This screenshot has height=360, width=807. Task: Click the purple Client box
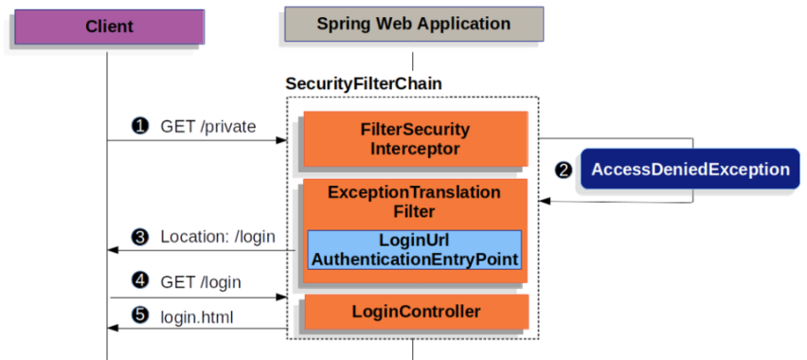(x=109, y=27)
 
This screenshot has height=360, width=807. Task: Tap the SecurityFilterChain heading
(x=364, y=84)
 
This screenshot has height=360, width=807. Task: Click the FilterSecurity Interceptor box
(x=414, y=138)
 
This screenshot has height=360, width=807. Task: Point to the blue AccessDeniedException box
(x=690, y=170)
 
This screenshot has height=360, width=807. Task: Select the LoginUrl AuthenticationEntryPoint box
(x=414, y=249)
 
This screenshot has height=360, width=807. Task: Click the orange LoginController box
(x=414, y=311)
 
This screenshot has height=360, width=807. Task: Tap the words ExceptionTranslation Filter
(x=414, y=201)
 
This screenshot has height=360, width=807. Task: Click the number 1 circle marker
(x=140, y=126)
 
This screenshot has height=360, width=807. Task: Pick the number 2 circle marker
(x=565, y=171)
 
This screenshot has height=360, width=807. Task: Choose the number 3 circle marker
(x=140, y=236)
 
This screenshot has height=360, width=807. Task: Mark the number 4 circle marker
(x=140, y=281)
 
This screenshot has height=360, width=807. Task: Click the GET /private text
(x=207, y=126)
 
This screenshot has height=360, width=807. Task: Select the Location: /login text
(x=217, y=236)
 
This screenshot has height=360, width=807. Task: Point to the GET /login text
(x=201, y=281)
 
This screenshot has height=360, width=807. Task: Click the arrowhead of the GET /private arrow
(x=281, y=140)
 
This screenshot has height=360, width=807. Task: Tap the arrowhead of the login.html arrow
(x=113, y=328)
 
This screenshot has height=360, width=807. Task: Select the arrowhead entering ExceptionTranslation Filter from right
(x=545, y=201)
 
